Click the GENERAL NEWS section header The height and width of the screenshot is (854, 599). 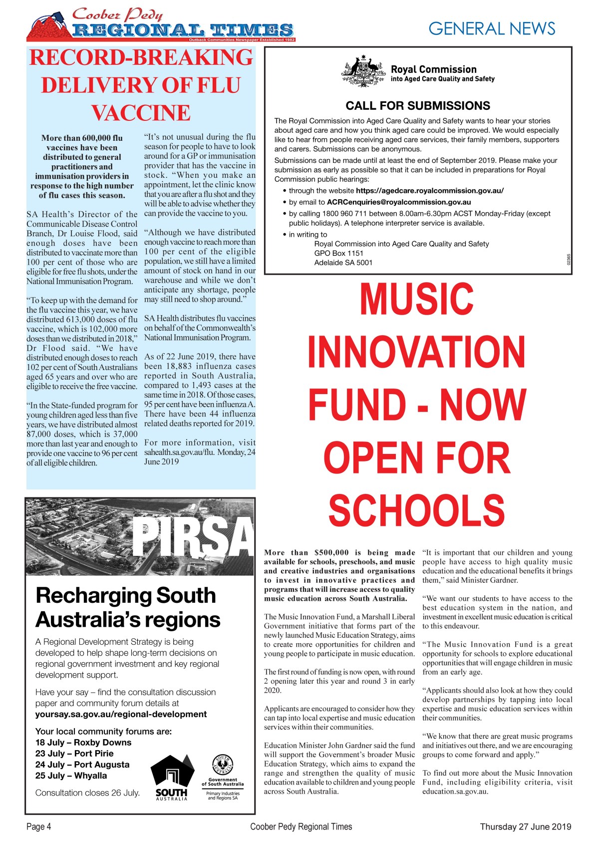[x=492, y=28]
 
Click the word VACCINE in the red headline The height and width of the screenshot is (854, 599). [x=141, y=112]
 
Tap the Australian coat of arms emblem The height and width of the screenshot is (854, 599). [x=363, y=71]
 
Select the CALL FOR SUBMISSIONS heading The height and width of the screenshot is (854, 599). [x=418, y=106]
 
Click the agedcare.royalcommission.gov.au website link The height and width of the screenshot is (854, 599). [x=430, y=191]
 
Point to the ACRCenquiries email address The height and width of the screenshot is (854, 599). [x=399, y=202]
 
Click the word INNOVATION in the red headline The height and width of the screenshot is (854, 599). [x=417, y=351]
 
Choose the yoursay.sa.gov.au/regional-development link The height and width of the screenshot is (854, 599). [x=121, y=714]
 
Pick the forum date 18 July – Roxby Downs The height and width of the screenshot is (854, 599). [x=83, y=743]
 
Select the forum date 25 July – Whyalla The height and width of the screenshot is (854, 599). [x=71, y=776]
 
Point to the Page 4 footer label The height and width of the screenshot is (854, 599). [x=39, y=827]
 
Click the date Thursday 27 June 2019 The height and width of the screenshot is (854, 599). [x=526, y=827]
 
